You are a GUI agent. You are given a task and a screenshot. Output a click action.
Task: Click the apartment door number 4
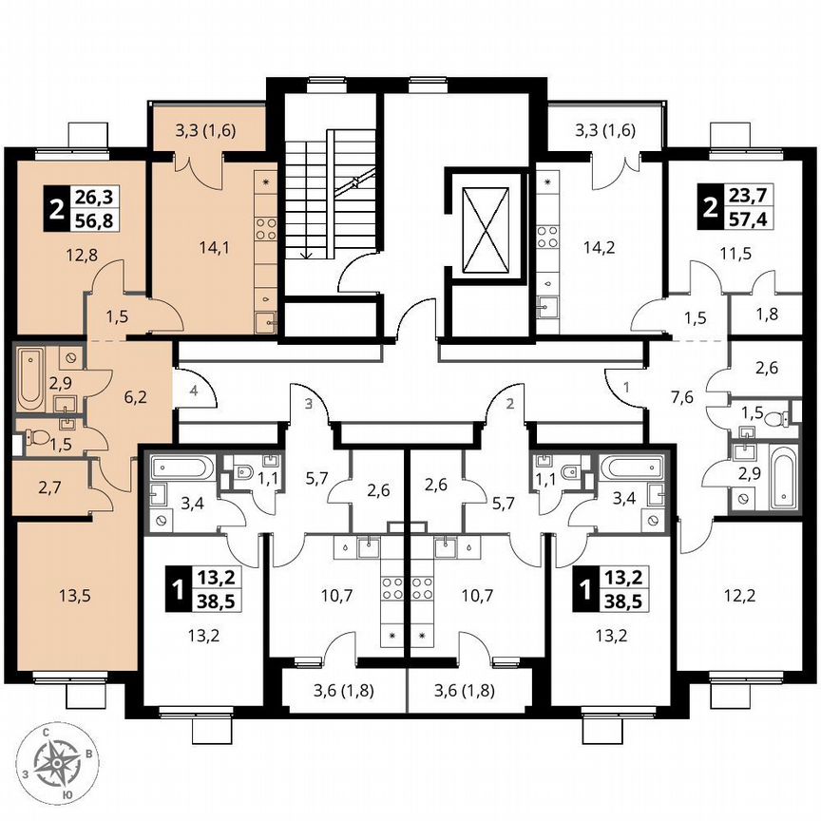point(192,391)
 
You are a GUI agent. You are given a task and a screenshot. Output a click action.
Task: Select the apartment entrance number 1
point(627,387)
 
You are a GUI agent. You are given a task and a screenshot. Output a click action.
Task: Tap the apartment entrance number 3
point(307,404)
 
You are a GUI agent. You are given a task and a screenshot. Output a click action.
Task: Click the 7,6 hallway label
point(680,395)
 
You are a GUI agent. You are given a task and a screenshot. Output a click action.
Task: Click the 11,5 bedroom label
point(730,254)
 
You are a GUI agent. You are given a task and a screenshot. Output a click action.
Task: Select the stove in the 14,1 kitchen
point(265,228)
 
